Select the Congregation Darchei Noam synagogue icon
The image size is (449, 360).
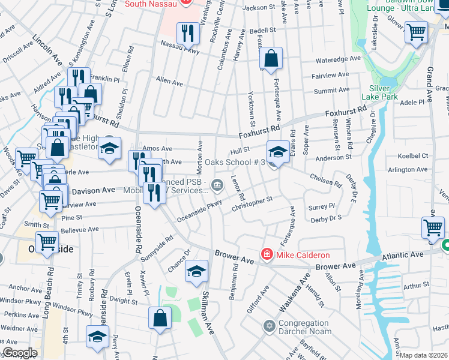pyautogui.click(x=270, y=326)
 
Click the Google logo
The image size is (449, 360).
pyautogui.click(x=19, y=353)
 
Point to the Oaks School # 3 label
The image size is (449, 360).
pyautogui.click(x=234, y=162)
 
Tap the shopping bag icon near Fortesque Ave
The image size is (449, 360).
pyautogui.click(x=271, y=58)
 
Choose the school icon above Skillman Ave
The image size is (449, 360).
pyautogui.click(x=196, y=271)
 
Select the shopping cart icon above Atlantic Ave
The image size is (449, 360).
pyautogui.click(x=433, y=229)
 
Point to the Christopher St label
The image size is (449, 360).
pyautogui.click(x=253, y=204)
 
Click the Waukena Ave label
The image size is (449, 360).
pyautogui.click(x=294, y=293)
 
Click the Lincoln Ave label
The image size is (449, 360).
pyautogui.click(x=47, y=50)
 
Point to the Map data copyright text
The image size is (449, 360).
pyautogui.click(x=424, y=355)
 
